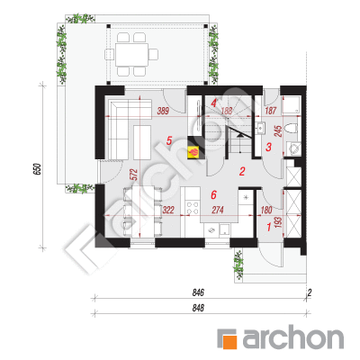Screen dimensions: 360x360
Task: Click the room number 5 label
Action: point(169,140)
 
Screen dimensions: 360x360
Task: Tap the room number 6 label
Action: point(213,195)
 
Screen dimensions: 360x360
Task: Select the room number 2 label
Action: point(242,171)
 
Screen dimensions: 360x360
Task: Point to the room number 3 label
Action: point(269,147)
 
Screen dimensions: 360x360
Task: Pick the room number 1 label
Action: point(269,227)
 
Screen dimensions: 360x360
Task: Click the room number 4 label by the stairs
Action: point(213,103)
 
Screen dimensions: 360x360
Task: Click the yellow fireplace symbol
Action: point(193,152)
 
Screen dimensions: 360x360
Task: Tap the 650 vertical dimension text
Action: point(36,169)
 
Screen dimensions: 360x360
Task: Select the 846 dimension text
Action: point(198,292)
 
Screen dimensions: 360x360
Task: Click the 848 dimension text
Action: point(198,308)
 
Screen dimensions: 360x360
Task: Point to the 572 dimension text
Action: point(134,175)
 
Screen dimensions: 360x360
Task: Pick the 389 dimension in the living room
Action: point(163,111)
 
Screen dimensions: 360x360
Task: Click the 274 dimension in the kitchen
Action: point(218,210)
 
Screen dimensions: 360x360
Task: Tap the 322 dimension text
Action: point(168,210)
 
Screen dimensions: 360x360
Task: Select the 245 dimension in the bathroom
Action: point(278,131)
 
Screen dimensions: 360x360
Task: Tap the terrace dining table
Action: point(132,55)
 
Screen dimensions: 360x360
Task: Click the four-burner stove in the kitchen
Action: point(193,208)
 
